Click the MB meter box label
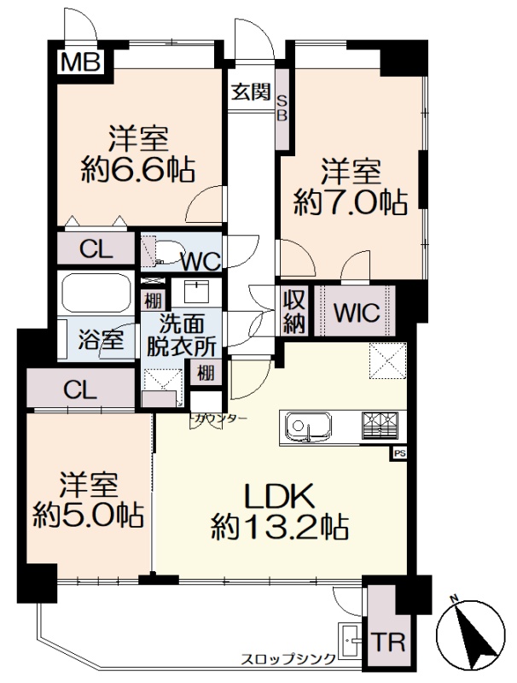(x=80, y=61)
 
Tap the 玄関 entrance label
(x=251, y=92)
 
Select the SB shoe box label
(x=282, y=108)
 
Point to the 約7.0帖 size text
(x=351, y=203)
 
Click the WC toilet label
(x=201, y=262)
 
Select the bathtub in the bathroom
(x=96, y=292)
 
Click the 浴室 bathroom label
(x=101, y=339)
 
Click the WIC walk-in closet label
(x=357, y=312)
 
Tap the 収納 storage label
(x=293, y=312)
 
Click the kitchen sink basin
(x=308, y=424)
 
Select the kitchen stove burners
(x=380, y=424)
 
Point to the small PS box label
(x=400, y=453)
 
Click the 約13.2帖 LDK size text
(x=280, y=527)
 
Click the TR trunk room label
(x=388, y=642)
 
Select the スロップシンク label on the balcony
(x=289, y=658)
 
